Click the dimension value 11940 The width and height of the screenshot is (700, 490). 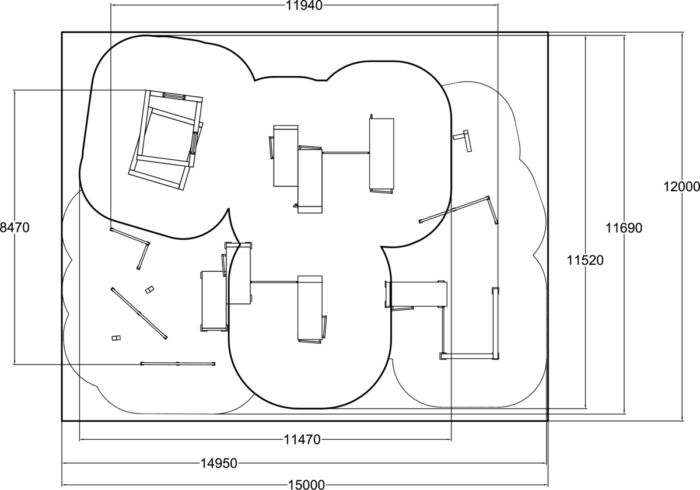click(x=304, y=6)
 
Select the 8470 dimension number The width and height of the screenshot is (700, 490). click(x=15, y=228)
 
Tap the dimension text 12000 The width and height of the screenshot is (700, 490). click(x=681, y=187)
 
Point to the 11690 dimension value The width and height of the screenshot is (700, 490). click(x=624, y=228)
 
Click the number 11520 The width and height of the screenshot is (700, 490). click(x=585, y=260)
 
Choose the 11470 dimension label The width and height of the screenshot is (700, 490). click(x=302, y=440)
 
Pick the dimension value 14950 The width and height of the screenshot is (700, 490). click(x=219, y=463)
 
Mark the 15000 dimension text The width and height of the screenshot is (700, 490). click(x=306, y=485)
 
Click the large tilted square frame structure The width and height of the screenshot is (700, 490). click(x=166, y=141)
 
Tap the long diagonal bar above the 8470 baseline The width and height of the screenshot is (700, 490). click(x=139, y=313)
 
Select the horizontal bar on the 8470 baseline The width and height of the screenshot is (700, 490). click(x=177, y=364)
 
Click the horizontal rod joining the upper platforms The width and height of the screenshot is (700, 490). click(x=345, y=153)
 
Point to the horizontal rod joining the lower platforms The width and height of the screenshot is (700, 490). click(x=274, y=282)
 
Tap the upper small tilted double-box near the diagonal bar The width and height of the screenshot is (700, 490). click(x=150, y=290)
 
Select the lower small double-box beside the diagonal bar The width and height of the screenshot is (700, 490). click(x=116, y=338)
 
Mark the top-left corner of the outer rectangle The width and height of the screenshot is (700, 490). click(x=62, y=32)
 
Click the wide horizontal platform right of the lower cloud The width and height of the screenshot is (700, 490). click(x=417, y=294)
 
